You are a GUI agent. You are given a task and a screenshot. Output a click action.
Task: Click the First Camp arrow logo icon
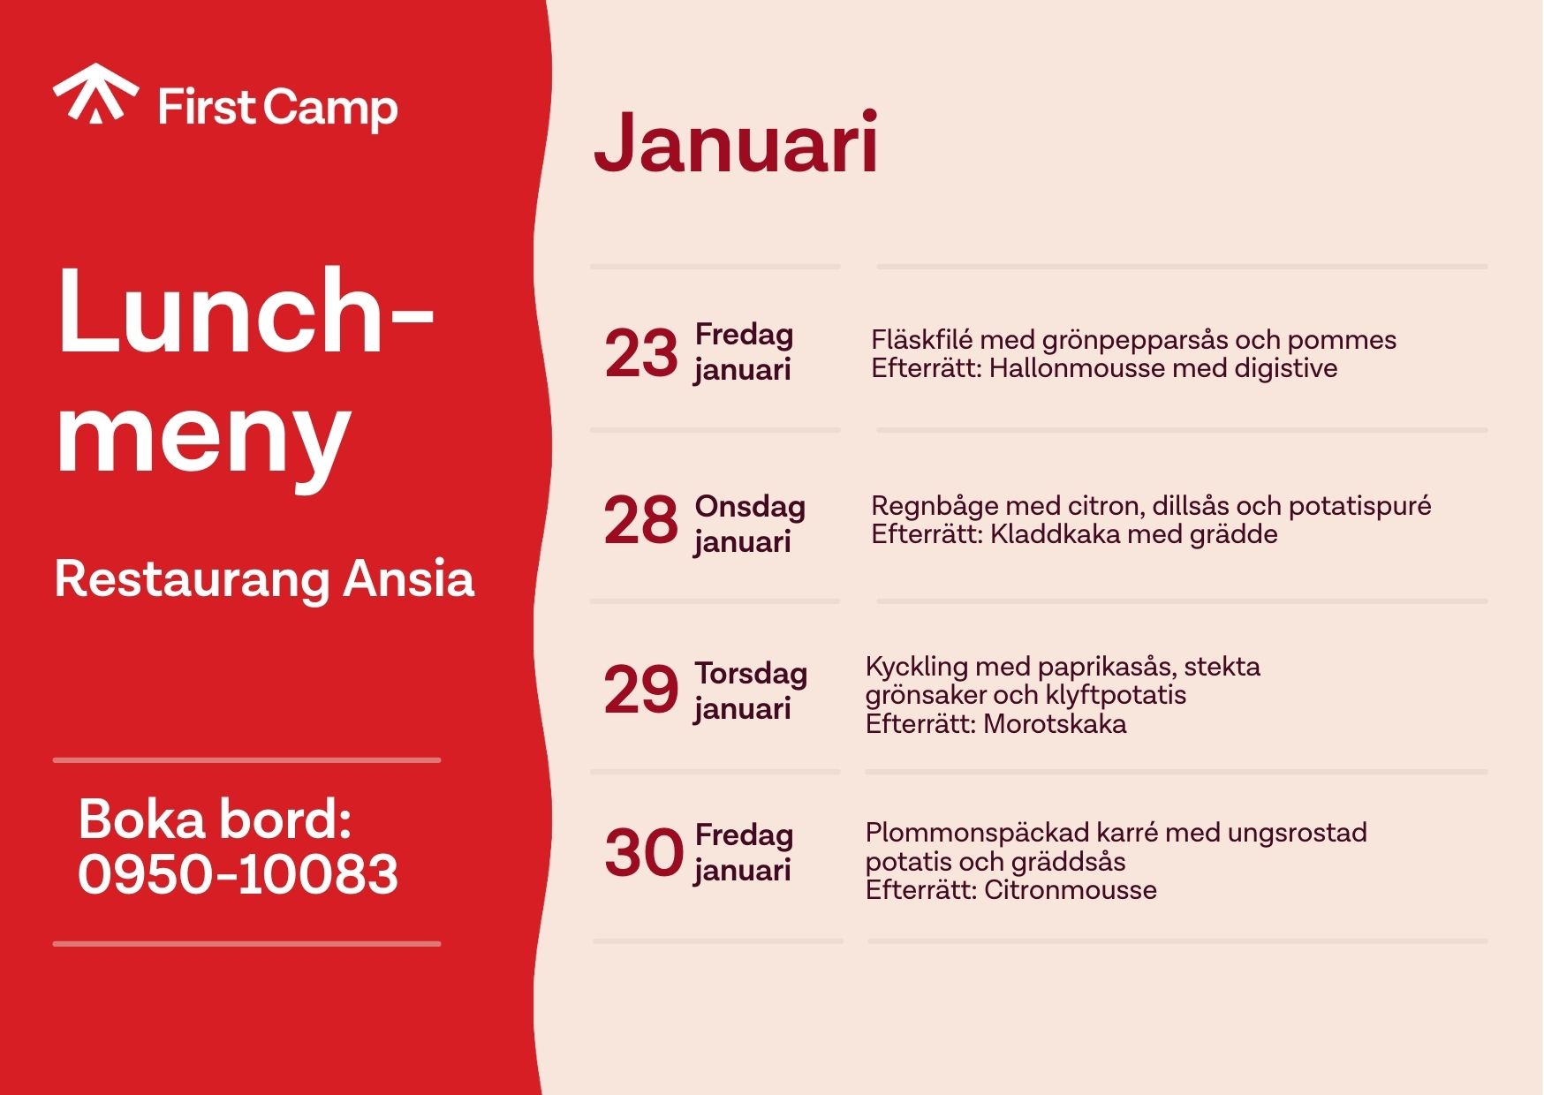click(x=95, y=93)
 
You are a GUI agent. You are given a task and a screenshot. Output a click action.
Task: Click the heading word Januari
click(x=736, y=141)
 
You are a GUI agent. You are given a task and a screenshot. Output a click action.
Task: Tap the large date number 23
click(x=641, y=353)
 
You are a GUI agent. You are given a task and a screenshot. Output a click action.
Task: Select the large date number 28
click(x=641, y=519)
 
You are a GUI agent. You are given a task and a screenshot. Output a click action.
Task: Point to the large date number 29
click(x=641, y=689)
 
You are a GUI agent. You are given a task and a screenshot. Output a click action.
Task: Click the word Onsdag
click(x=750, y=506)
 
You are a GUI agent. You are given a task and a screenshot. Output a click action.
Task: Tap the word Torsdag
click(x=751, y=673)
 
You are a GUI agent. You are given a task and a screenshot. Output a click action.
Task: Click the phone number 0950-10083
click(x=238, y=874)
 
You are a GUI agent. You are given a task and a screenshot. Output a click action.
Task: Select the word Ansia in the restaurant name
click(x=409, y=579)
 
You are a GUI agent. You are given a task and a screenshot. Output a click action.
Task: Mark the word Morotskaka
click(x=1055, y=724)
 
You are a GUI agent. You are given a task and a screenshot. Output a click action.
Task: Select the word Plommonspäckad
click(x=977, y=833)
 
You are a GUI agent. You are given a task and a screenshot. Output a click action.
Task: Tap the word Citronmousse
click(x=1071, y=890)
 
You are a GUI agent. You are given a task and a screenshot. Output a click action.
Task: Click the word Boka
click(x=141, y=819)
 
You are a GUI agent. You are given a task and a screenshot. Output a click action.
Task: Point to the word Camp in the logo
click(x=330, y=110)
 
